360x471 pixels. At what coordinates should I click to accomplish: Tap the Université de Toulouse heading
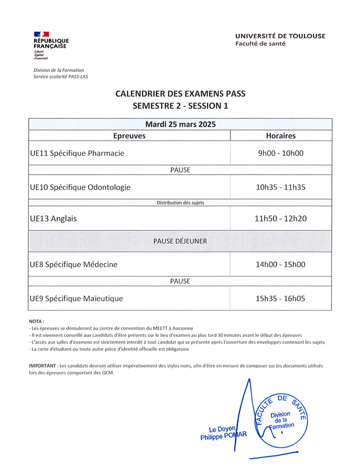tap(280, 36)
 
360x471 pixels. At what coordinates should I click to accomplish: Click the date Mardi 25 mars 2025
tap(181, 124)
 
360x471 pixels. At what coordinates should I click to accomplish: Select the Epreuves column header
tap(129, 135)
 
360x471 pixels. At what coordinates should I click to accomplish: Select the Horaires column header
tap(280, 135)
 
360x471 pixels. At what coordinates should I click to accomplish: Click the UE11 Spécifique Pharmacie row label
tap(77, 153)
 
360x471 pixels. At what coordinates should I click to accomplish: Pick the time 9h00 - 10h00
tap(280, 153)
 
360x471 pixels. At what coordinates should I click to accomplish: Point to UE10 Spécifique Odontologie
tap(80, 187)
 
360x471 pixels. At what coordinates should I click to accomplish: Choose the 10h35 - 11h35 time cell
tap(280, 187)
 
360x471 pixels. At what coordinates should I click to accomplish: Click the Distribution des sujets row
tap(181, 203)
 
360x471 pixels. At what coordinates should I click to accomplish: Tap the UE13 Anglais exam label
tap(53, 219)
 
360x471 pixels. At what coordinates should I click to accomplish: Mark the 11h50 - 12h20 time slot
tap(280, 219)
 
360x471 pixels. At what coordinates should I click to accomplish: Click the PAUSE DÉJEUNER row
tap(181, 241)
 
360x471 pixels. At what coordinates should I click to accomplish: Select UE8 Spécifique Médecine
tap(74, 264)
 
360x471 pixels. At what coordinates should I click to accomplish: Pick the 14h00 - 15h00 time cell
tap(280, 264)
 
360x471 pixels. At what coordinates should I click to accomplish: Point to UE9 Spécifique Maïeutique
tap(76, 298)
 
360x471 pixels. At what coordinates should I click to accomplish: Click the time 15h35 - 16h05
tap(280, 298)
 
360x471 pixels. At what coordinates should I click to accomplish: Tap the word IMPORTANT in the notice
tap(43, 366)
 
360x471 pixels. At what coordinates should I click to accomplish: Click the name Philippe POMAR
tap(224, 437)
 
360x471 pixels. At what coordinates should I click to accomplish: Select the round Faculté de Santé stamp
tap(284, 419)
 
